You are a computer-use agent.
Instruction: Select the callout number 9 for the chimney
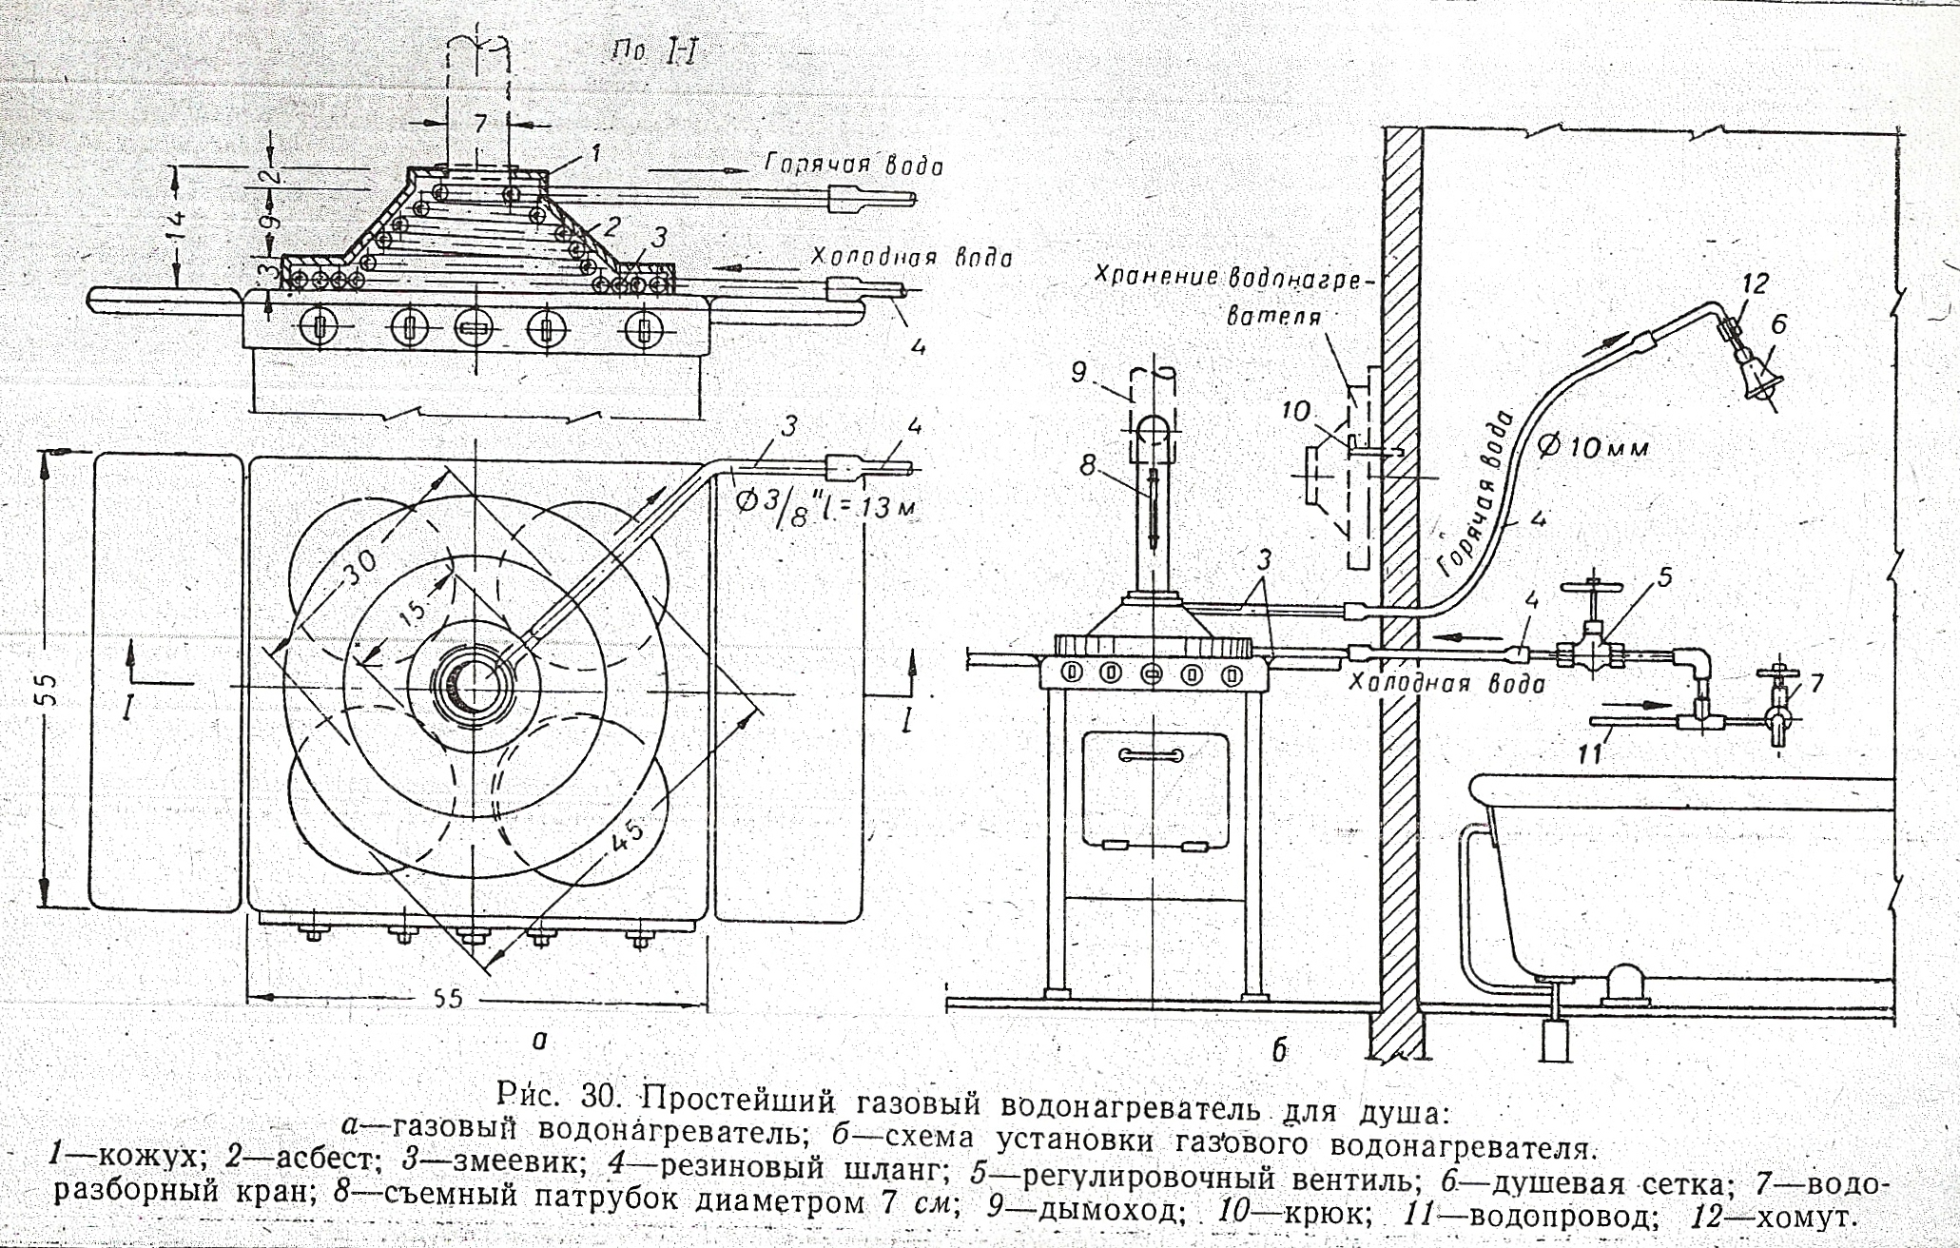point(1077,372)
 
